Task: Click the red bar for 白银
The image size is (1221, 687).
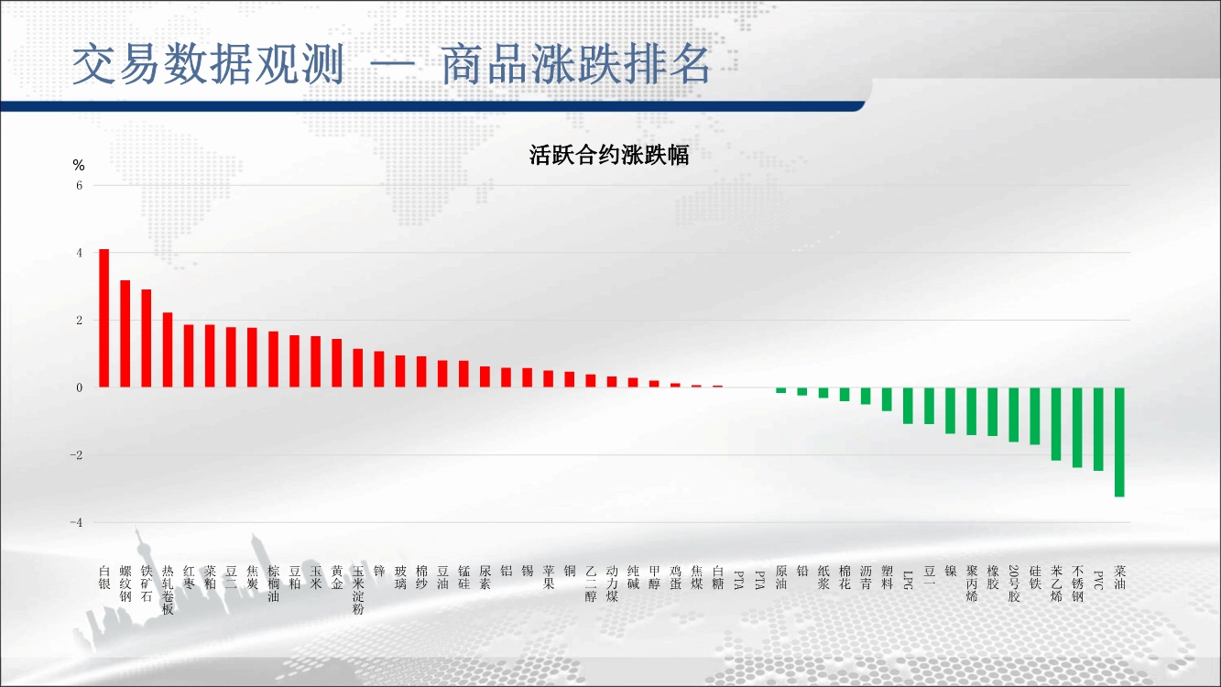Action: tap(104, 319)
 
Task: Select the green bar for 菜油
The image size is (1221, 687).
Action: tap(1119, 442)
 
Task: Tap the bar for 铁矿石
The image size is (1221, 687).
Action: tap(146, 339)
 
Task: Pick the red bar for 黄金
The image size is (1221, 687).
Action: tap(337, 363)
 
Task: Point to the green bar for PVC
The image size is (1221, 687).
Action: tap(1098, 429)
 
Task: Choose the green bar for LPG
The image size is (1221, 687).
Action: tap(908, 406)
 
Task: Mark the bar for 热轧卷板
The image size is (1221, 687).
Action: tap(168, 350)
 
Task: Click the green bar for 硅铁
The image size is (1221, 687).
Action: tap(1035, 416)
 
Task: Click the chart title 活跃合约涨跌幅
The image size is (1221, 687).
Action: tap(609, 155)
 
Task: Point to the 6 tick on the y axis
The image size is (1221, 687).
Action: tap(80, 185)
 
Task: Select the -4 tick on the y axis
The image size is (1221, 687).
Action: tap(76, 522)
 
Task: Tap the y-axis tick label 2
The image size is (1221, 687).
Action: tap(80, 320)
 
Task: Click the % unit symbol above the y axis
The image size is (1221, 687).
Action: tap(79, 165)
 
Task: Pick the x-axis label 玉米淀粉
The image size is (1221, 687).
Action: tap(358, 590)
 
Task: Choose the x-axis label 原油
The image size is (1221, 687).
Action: tap(781, 577)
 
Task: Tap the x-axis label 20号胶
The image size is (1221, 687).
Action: tap(1014, 583)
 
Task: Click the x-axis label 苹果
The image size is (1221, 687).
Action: tap(549, 577)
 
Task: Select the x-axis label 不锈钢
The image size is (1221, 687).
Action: tap(1077, 583)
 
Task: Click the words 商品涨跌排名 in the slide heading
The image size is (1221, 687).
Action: tap(576, 64)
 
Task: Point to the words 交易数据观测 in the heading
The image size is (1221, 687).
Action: tap(208, 64)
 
